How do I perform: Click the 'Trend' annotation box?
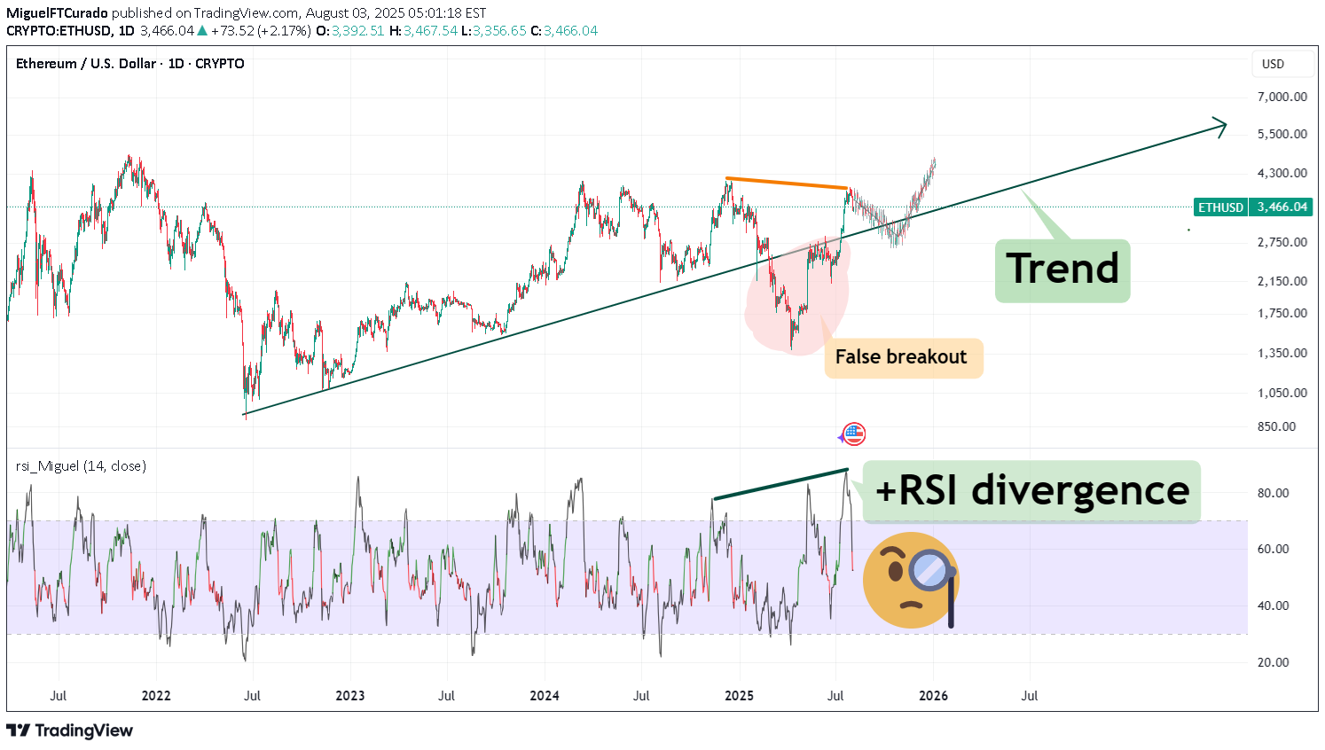tap(1062, 270)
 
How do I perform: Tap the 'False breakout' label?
tap(901, 357)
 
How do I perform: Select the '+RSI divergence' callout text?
tap(1031, 490)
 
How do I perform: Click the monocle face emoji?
tap(911, 581)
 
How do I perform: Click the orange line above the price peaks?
tap(786, 184)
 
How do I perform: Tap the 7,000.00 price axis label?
tap(1282, 97)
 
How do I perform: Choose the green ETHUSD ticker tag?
tap(1220, 207)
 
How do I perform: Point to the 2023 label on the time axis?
tap(349, 696)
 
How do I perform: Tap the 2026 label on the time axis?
tap(933, 696)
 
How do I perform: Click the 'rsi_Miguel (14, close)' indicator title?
tap(81, 466)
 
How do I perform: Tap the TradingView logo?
tap(70, 730)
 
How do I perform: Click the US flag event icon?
tap(853, 434)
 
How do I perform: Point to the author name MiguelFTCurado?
tap(57, 13)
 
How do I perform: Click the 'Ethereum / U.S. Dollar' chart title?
tap(85, 64)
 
